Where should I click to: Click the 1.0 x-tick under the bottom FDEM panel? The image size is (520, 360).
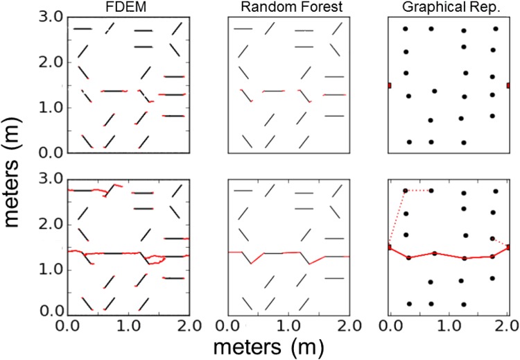click(128, 325)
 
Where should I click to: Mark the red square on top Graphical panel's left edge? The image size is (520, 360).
click(390, 85)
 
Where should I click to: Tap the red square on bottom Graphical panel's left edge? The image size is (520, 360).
click(390, 247)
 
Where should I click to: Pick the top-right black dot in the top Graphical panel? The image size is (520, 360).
click(496, 29)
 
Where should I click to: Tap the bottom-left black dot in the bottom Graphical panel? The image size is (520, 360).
click(409, 303)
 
